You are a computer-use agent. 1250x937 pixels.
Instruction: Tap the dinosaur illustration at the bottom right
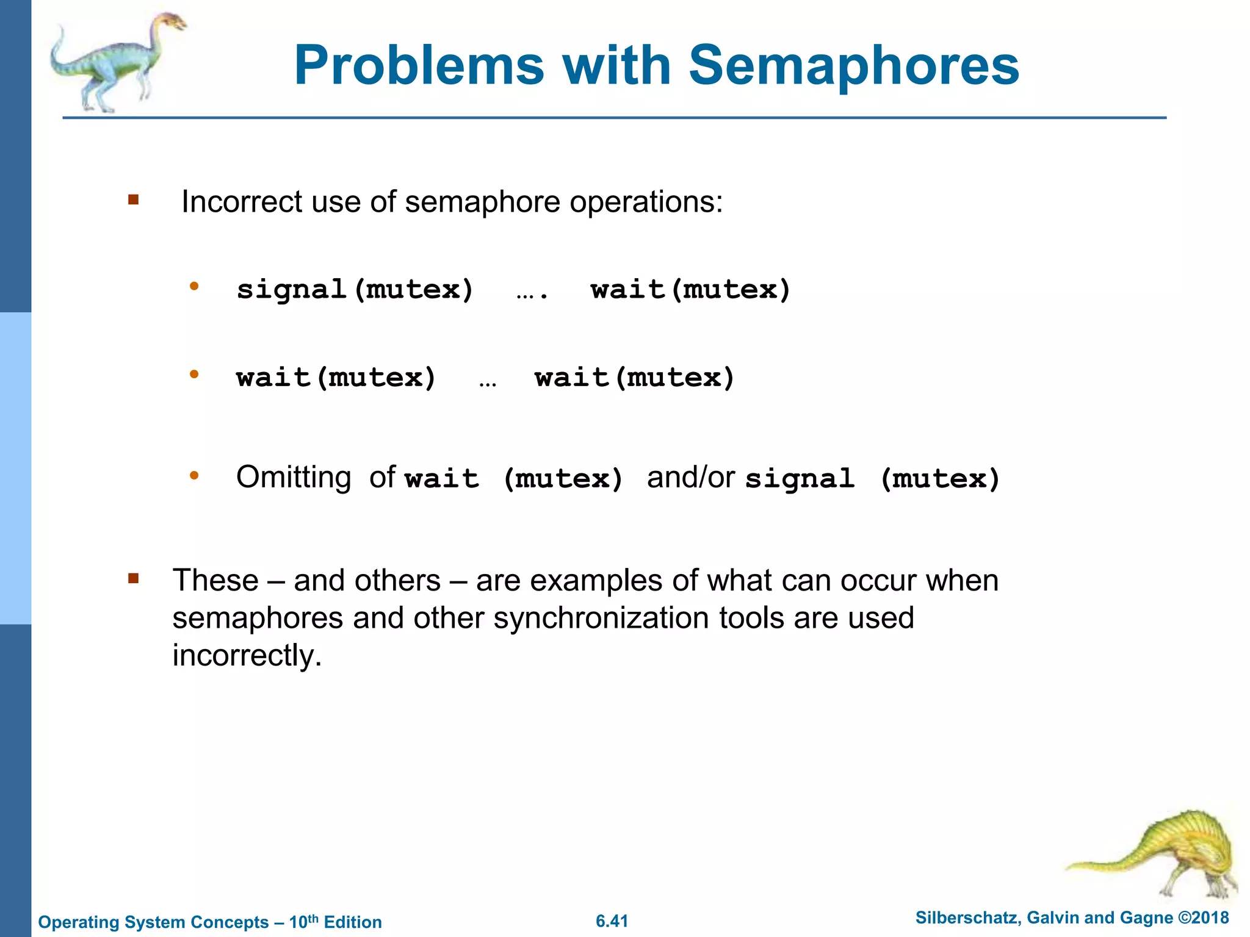(x=1160, y=854)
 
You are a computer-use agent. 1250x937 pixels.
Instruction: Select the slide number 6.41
(x=612, y=921)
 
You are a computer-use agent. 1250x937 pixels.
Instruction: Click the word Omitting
(x=294, y=477)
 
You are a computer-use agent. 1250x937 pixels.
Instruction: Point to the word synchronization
(x=601, y=618)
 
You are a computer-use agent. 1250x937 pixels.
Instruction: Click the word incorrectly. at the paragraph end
(x=247, y=656)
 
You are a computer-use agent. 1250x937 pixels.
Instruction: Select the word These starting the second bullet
(x=215, y=580)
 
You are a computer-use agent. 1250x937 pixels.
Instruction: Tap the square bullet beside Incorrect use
(x=134, y=199)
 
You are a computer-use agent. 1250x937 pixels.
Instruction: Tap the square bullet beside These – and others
(x=134, y=578)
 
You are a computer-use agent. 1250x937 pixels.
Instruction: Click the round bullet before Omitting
(x=194, y=475)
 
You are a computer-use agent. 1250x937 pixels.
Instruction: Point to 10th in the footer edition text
(x=303, y=921)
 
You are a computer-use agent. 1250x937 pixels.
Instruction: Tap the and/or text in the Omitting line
(x=690, y=477)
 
